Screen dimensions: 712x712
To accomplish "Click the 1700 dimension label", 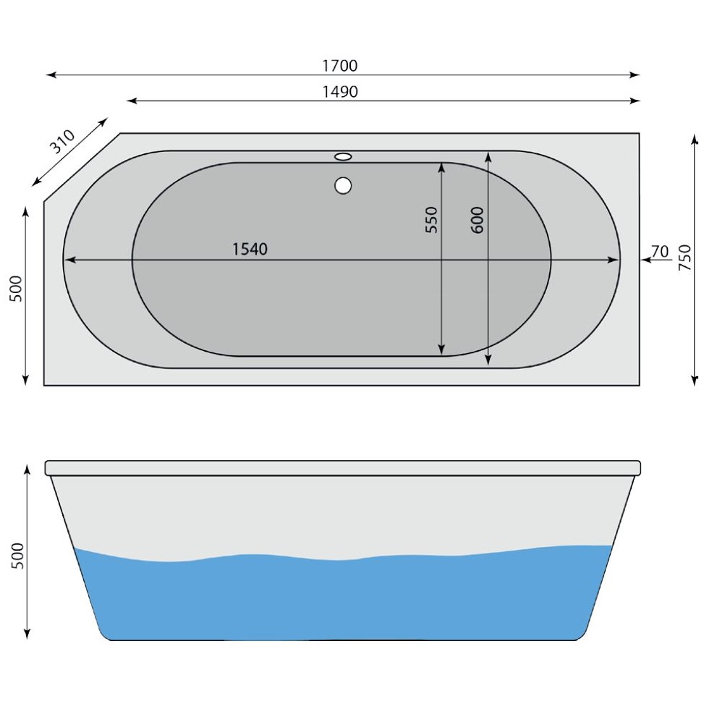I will tap(339, 66).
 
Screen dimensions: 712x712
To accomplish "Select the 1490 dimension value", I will tap(339, 92).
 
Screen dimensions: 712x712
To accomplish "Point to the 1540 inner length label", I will tap(250, 250).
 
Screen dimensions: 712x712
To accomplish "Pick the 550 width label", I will tap(431, 219).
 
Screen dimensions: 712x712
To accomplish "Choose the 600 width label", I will tap(477, 219).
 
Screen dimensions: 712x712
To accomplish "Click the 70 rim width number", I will tap(659, 251).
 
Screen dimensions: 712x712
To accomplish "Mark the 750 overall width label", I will tap(685, 258).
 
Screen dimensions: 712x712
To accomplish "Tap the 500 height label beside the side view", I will tap(18, 555).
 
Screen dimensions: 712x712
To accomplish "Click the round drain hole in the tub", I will tap(343, 185).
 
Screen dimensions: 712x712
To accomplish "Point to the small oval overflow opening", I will tap(343, 156).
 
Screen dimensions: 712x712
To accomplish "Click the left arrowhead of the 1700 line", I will tap(50, 75).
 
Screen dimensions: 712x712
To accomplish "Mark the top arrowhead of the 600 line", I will tap(488, 156).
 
